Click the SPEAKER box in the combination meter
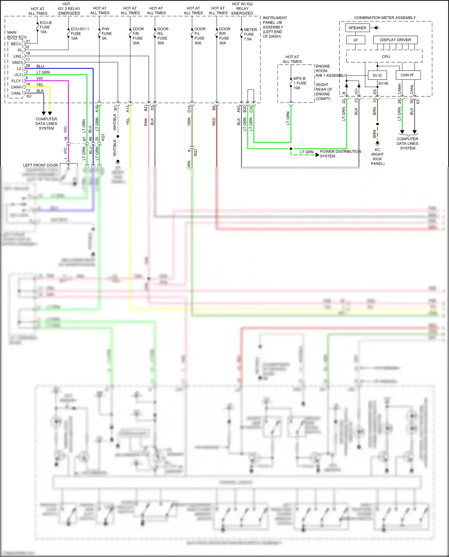357,28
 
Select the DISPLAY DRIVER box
395,40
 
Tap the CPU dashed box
385,57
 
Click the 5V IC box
377,75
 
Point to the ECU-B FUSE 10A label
45,27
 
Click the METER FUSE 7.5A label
250,34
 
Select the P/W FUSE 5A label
107,34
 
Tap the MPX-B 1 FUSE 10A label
300,83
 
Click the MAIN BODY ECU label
16,35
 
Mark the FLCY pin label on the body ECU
16,81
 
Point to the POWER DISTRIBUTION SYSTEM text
340,154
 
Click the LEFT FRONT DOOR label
40,165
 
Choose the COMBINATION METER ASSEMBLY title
385,18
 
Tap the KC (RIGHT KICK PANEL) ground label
377,157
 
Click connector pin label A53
239,109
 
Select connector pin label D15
189,109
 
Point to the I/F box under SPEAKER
355,40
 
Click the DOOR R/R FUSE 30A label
224,36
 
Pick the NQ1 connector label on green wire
195,152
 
